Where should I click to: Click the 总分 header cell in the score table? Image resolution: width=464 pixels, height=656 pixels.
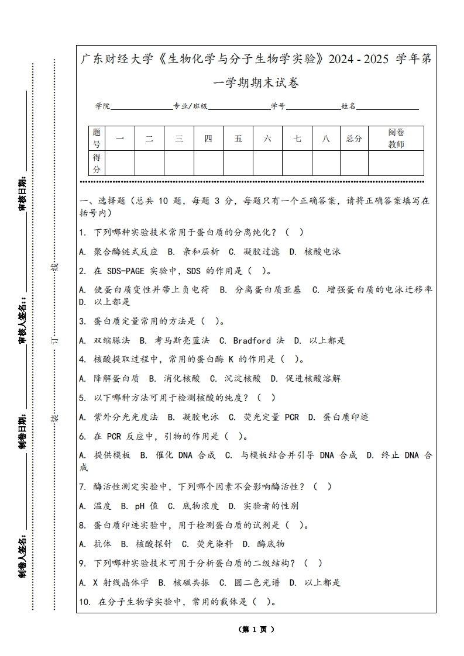(x=354, y=139)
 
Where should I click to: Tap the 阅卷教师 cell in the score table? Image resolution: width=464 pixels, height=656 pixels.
(x=396, y=139)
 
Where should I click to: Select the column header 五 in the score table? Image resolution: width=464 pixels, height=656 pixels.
(x=238, y=139)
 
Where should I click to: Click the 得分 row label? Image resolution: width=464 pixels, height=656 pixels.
(x=97, y=163)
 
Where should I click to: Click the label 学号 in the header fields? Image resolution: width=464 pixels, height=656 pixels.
(x=278, y=106)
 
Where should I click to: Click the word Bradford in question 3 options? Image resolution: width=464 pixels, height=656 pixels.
(x=252, y=340)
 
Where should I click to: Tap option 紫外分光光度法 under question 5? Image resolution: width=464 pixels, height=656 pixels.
(x=126, y=417)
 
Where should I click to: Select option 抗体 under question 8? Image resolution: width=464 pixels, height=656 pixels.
(x=102, y=544)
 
